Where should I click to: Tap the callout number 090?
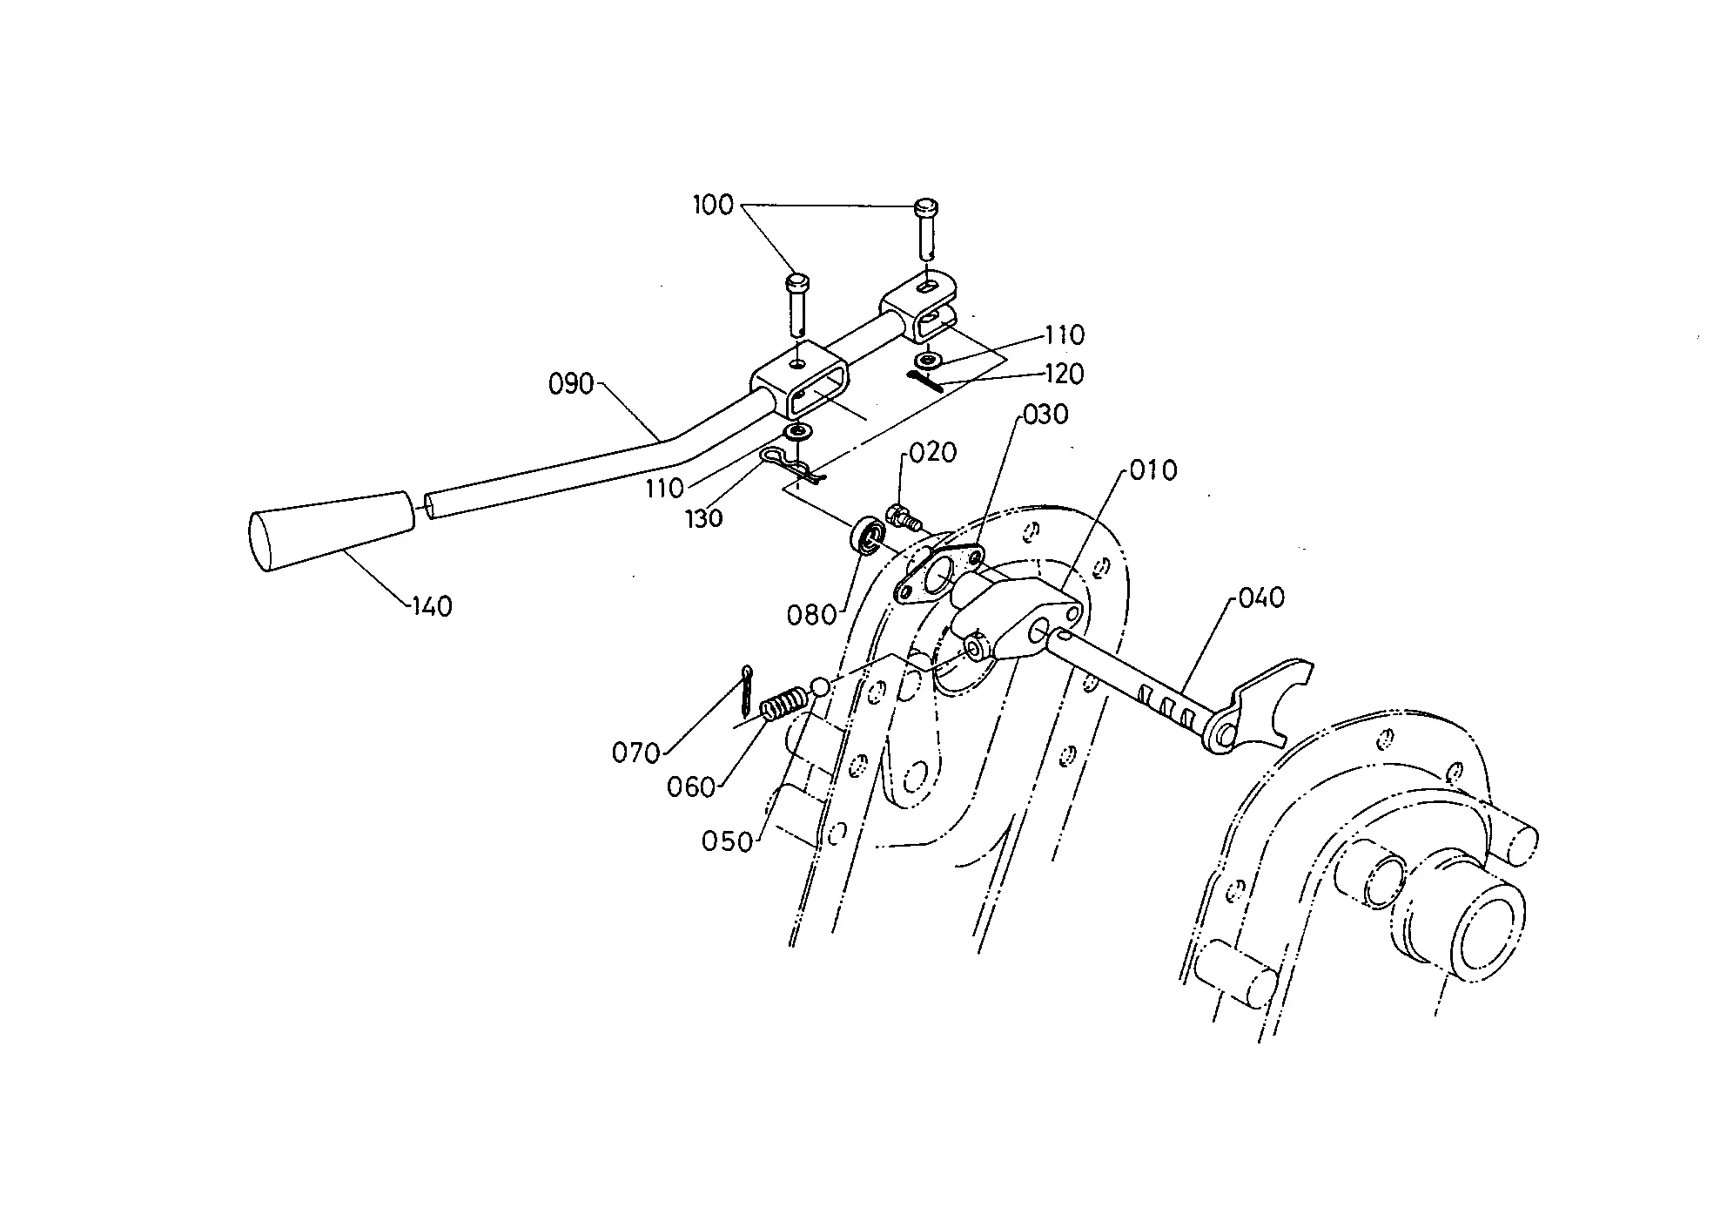click(x=571, y=384)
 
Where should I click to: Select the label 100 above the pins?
click(x=714, y=206)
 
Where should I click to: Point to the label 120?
click(x=1064, y=374)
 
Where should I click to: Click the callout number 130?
click(x=703, y=518)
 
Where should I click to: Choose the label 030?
click(x=1045, y=414)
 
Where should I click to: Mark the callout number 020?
click(x=934, y=452)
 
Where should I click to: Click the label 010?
click(x=1153, y=470)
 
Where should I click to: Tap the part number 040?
click(x=1261, y=597)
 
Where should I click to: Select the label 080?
click(x=811, y=616)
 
